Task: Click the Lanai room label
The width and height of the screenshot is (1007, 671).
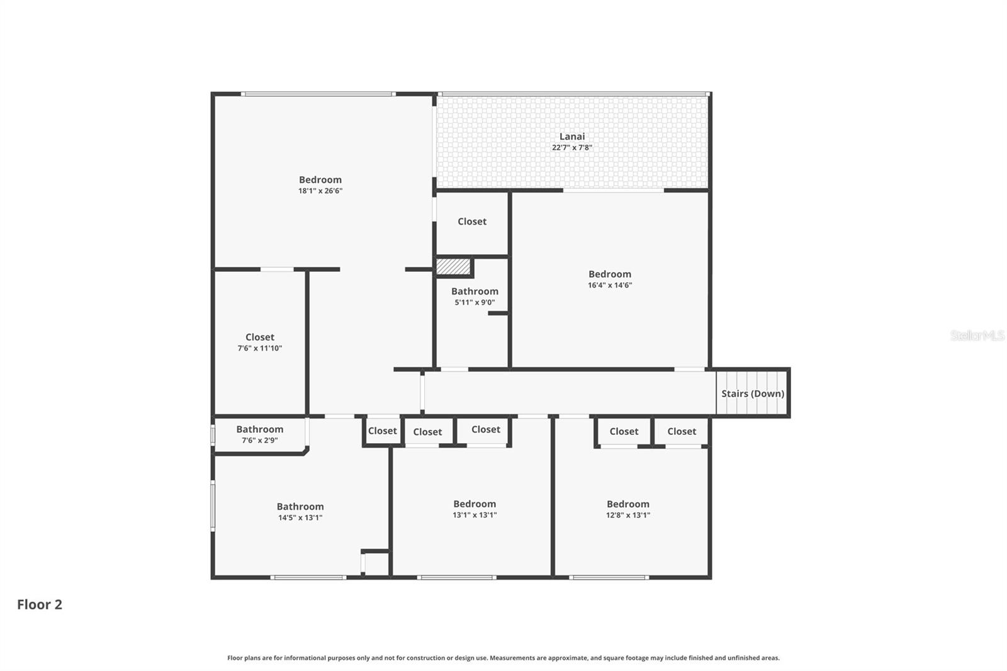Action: click(571, 136)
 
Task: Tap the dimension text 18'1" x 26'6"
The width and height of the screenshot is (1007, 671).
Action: click(320, 191)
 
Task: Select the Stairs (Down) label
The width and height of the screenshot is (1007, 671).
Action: click(752, 393)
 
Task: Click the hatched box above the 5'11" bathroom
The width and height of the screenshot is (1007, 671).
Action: click(453, 267)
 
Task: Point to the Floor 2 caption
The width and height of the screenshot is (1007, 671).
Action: click(40, 604)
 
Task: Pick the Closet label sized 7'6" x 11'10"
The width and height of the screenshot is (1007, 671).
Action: click(259, 337)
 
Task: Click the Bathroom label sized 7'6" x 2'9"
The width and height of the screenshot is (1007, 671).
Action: click(259, 429)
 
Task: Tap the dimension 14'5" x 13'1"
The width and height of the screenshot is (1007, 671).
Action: click(300, 517)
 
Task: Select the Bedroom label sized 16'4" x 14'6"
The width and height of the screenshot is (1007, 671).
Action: click(609, 274)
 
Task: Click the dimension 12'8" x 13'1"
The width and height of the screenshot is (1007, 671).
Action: click(627, 515)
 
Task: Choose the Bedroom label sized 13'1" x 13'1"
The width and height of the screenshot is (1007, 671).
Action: click(475, 504)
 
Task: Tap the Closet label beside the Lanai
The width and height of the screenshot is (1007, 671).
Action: click(472, 222)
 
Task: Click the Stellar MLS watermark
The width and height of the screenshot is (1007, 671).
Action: click(977, 335)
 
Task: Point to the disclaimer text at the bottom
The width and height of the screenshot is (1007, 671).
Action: click(503, 658)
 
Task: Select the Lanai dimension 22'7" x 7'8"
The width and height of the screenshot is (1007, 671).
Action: click(571, 147)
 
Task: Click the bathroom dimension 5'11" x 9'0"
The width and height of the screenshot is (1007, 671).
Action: click(475, 302)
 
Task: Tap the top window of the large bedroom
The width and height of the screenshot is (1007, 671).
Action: click(318, 94)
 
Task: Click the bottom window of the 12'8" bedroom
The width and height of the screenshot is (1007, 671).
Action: click(609, 577)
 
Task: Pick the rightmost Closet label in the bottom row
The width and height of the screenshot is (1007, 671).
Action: click(682, 431)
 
